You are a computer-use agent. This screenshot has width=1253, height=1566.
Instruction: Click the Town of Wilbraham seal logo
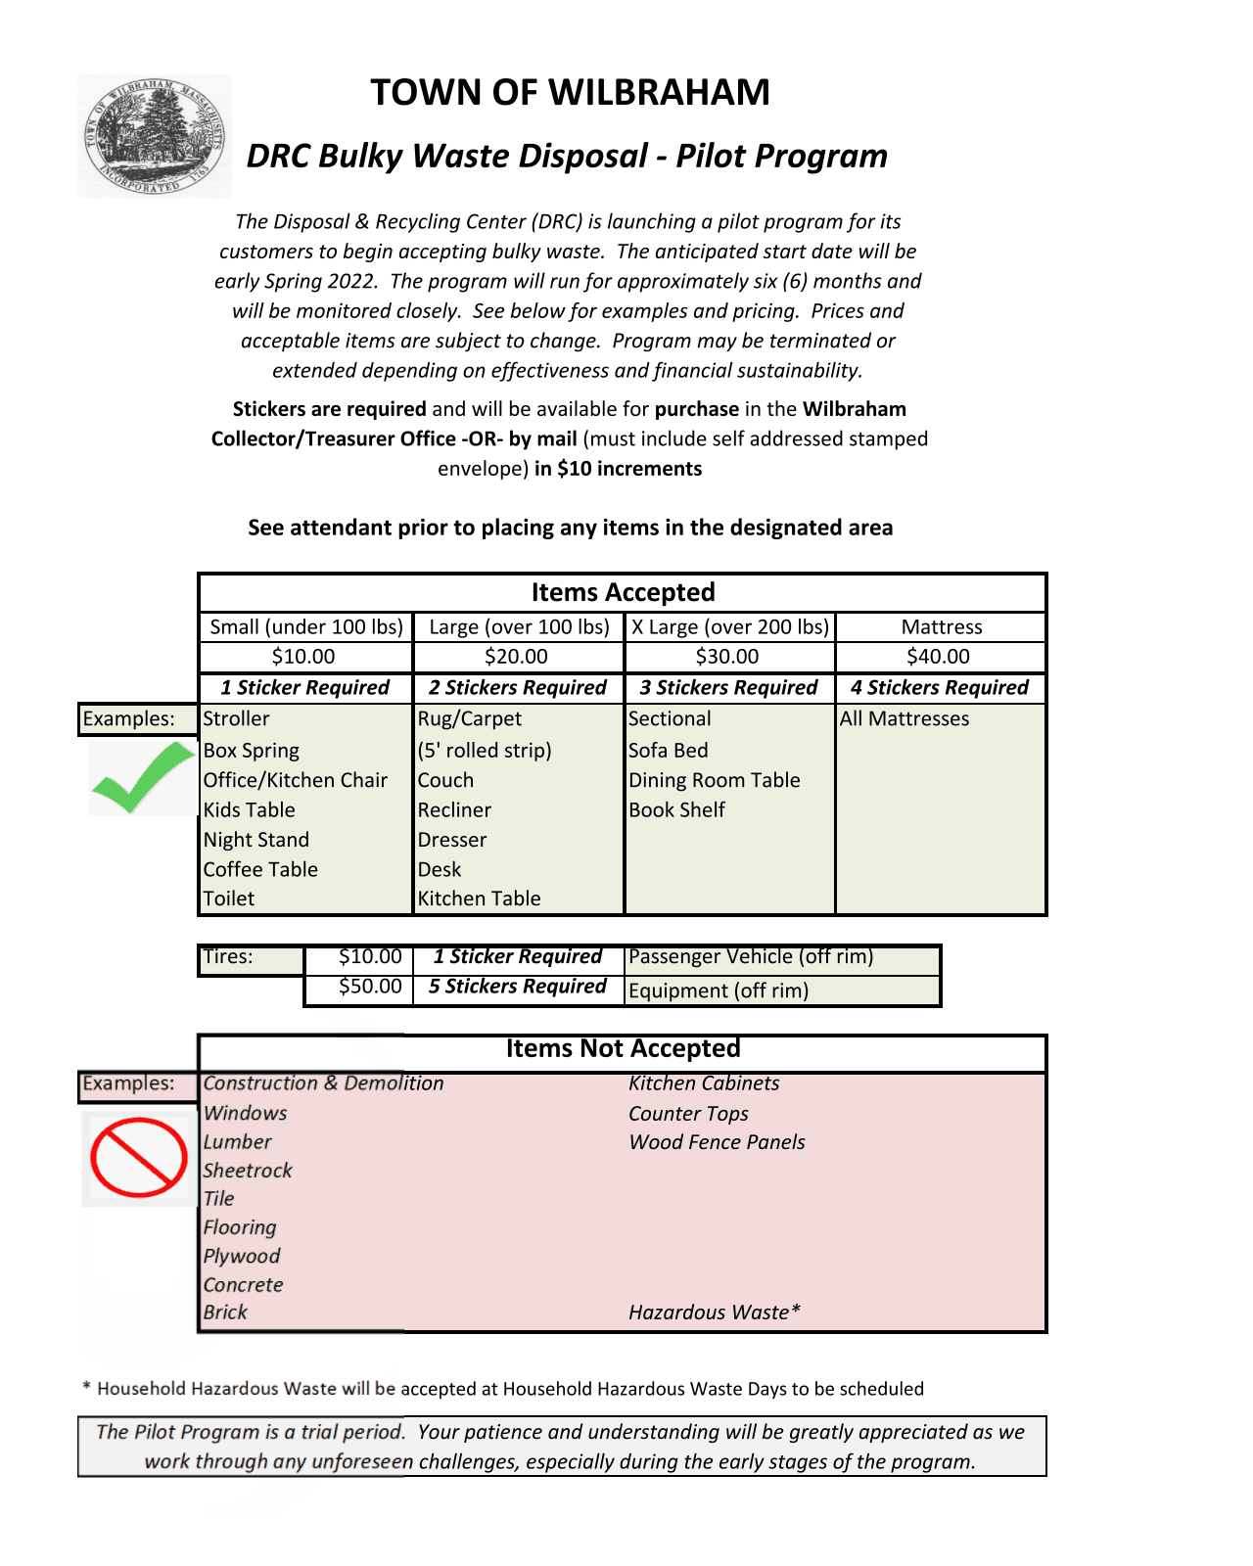tap(155, 136)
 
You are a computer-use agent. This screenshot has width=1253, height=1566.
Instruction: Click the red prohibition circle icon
tap(139, 1157)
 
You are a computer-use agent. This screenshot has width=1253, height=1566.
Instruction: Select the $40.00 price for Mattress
tap(938, 657)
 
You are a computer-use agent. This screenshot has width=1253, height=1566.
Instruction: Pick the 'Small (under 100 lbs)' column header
tap(306, 627)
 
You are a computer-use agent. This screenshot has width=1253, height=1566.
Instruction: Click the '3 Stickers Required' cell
tap(728, 688)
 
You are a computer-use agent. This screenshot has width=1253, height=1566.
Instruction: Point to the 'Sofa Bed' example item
tap(668, 751)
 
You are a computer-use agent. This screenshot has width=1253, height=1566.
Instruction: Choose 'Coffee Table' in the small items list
tap(260, 869)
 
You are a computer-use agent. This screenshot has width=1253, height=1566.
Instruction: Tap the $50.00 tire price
tap(370, 987)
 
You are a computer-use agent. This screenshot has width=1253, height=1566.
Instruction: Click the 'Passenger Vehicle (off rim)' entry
tap(751, 957)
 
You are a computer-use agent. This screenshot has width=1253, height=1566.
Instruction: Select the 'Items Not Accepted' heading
tap(623, 1049)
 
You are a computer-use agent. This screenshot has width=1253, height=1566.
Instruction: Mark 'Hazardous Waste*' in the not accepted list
tap(715, 1313)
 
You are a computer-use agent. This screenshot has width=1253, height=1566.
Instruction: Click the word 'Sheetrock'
tap(248, 1171)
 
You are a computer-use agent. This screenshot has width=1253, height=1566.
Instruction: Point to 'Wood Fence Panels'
tap(717, 1142)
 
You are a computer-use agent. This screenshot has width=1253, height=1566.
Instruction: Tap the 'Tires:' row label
tap(228, 957)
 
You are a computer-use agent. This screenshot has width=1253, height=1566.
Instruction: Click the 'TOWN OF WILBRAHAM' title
tap(570, 92)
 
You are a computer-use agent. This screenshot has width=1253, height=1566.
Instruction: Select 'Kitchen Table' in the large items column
tap(479, 898)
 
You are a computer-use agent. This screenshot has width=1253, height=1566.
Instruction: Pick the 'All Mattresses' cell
tap(905, 718)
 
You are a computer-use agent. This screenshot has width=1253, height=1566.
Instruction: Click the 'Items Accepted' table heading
tap(623, 592)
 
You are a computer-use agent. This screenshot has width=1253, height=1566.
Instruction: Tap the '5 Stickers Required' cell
tap(517, 987)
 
